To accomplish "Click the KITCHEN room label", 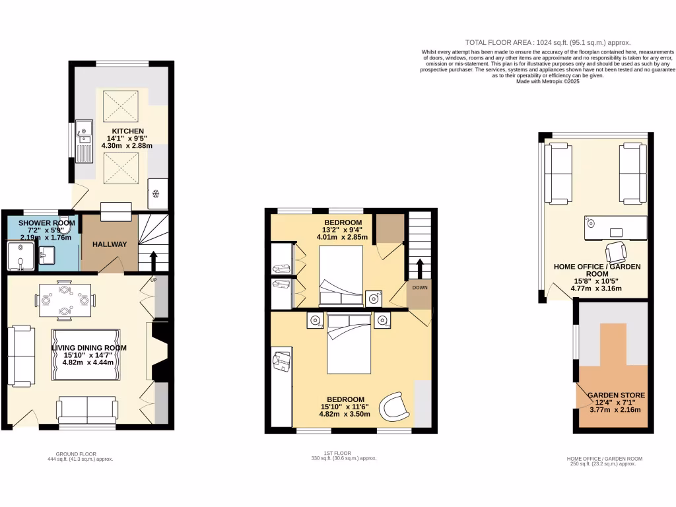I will pos(127,131).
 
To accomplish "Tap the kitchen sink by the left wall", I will pos(84,141).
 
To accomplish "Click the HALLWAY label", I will pos(110,244).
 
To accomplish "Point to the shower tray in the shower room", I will pos(21,255).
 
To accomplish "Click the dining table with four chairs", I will pos(64,299).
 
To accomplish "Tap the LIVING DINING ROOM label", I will pos(90,348).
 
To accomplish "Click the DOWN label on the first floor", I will pos(420,288).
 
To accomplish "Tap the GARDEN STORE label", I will pos(616,395).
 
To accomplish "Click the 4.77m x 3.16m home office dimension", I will pos(595,288).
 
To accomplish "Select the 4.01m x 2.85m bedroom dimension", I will pos(342,237).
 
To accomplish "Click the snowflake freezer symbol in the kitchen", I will pos(156,193).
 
